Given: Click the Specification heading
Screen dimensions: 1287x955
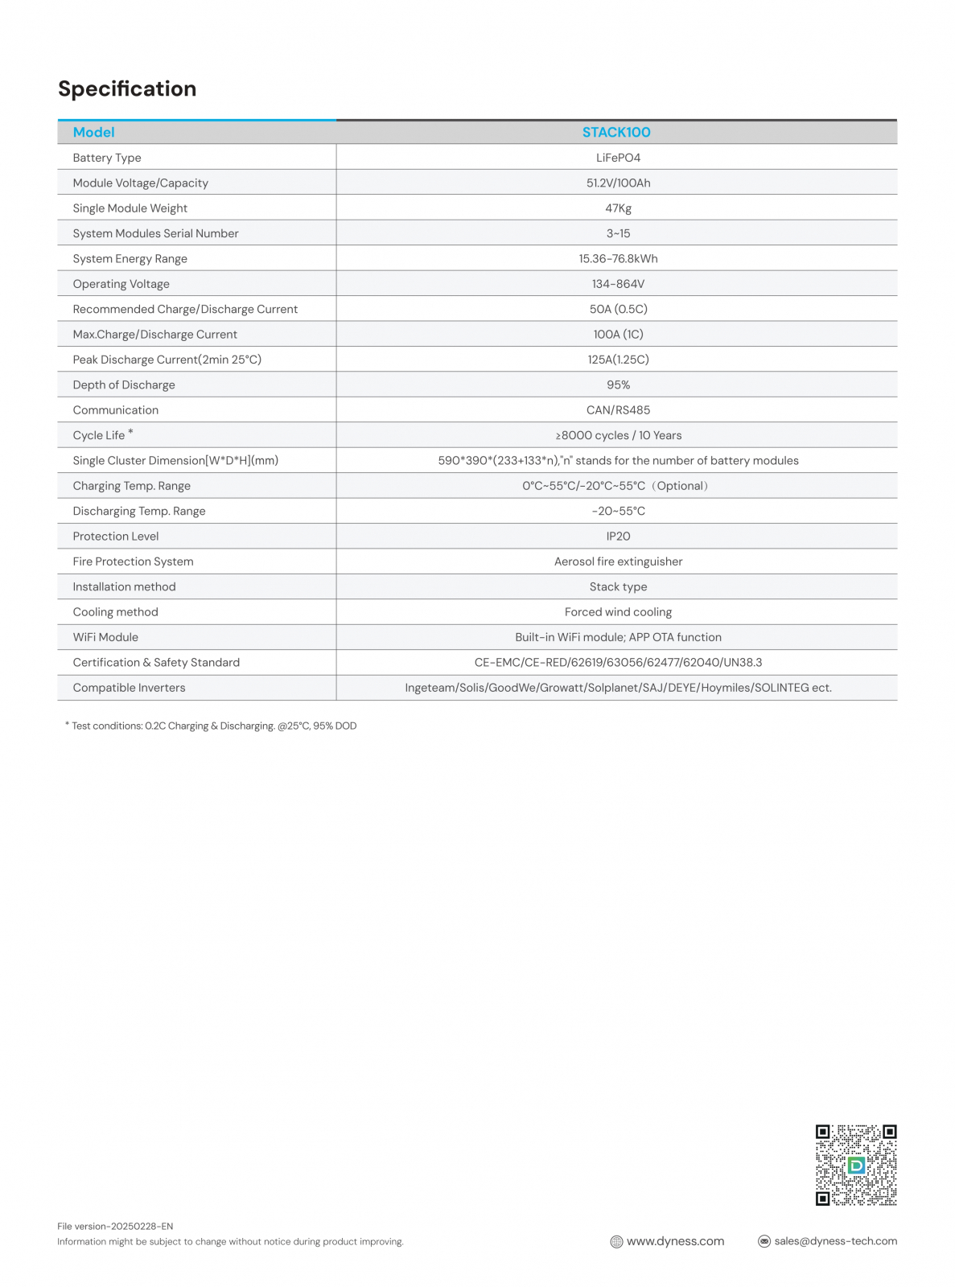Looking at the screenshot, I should coord(127,88).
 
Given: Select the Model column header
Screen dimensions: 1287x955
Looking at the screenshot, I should coord(93,133).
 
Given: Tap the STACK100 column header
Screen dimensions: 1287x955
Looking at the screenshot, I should coord(616,133).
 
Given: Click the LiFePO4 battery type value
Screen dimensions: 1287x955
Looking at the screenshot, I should coord(618,158).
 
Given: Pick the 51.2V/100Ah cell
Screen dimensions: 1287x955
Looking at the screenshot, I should coord(618,183).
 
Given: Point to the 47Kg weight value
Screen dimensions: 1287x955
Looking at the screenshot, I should coord(618,208).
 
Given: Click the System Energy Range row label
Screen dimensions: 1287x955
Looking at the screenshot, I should coord(130,259).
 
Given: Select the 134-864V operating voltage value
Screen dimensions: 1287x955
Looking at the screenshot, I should coord(618,284).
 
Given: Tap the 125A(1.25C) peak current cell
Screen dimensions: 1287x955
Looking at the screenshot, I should coord(618,360).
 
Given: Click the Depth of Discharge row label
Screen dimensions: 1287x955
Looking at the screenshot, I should coord(124,385).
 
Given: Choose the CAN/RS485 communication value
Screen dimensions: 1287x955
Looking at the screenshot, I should coord(618,410).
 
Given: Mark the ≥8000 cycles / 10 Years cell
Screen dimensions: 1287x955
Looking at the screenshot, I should coord(618,435).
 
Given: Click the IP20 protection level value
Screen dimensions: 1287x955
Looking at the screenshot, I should coord(618,537).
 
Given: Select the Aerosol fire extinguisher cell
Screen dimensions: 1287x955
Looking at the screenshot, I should coord(618,561).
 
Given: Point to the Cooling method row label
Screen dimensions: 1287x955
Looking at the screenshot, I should coord(115,612).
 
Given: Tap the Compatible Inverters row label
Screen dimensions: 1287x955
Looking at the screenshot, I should coord(129,688).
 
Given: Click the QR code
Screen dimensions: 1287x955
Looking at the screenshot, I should coord(856,1165).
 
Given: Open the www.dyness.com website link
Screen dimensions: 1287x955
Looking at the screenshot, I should coord(675,1241).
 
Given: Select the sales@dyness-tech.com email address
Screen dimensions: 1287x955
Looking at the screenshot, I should coord(835,1241).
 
